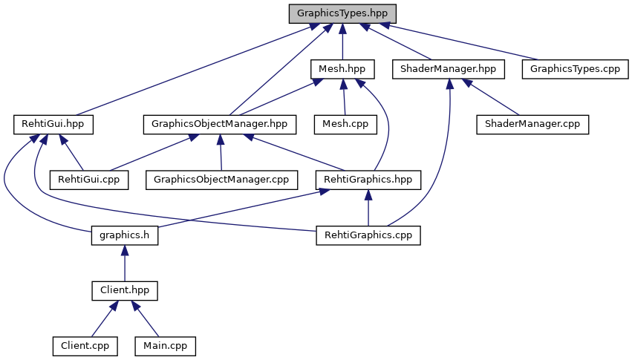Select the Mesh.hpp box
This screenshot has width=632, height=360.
click(x=342, y=69)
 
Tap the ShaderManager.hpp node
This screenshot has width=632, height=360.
click(x=448, y=69)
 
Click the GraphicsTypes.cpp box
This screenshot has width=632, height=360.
click(x=570, y=69)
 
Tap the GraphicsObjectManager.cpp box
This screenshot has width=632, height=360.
click(x=221, y=180)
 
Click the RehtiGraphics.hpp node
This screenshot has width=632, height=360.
click(x=368, y=180)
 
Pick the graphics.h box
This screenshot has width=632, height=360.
click(x=124, y=235)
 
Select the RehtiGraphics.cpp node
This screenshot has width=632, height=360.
click(x=368, y=235)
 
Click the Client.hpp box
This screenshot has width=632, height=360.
click(x=124, y=290)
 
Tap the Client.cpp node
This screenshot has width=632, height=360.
click(x=85, y=346)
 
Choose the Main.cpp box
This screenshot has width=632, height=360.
click(x=165, y=346)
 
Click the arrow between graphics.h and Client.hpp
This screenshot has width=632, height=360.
click(x=124, y=264)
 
